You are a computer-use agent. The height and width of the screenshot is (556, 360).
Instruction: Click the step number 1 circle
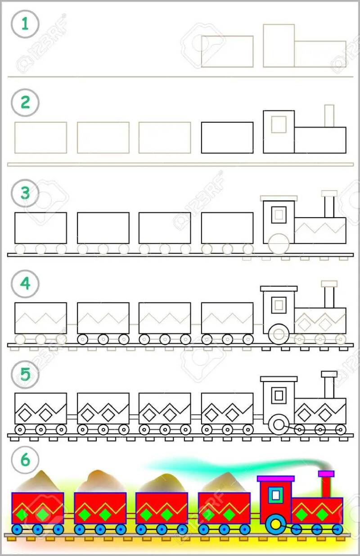(x=25, y=24)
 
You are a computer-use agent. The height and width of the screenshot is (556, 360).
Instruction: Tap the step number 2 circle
(x=25, y=103)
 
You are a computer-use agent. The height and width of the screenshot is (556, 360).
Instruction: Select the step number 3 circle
(x=25, y=193)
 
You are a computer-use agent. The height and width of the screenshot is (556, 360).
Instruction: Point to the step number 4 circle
(x=25, y=284)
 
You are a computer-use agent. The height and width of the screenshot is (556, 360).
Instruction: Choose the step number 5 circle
(x=25, y=374)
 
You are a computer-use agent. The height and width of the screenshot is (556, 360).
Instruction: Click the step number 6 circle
(x=25, y=460)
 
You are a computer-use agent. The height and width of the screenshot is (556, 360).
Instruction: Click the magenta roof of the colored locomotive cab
(x=275, y=479)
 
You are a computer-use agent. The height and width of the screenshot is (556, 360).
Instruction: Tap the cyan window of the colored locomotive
(x=275, y=495)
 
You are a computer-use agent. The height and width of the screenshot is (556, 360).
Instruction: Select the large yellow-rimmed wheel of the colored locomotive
(x=275, y=525)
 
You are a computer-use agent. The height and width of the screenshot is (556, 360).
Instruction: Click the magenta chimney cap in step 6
(x=326, y=474)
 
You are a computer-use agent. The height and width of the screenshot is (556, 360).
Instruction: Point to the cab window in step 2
(x=279, y=124)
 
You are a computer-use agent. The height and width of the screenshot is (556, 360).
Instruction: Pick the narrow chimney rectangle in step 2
(x=329, y=116)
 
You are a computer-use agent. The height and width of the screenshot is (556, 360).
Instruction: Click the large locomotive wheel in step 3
(x=279, y=243)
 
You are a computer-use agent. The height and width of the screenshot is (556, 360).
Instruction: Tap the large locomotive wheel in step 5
(x=279, y=424)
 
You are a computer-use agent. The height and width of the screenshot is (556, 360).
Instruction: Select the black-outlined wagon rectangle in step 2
(x=227, y=138)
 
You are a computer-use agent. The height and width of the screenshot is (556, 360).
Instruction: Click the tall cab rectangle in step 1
(x=279, y=46)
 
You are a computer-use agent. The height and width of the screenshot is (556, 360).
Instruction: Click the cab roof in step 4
(x=279, y=289)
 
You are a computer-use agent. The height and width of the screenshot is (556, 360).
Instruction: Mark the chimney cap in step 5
(x=329, y=374)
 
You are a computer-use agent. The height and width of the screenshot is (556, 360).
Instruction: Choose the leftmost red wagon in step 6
(x=37, y=508)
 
